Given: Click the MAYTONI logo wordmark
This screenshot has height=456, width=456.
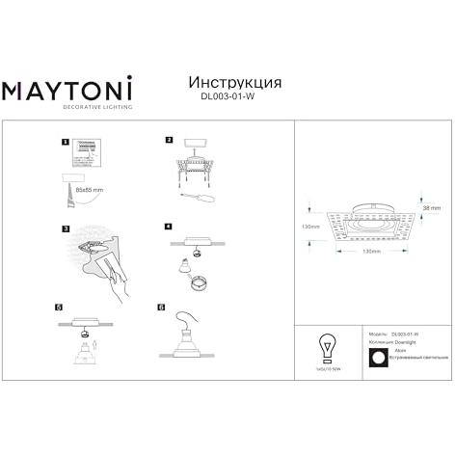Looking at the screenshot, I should tap(66, 91).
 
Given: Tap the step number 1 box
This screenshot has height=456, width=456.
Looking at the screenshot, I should tap(66, 141).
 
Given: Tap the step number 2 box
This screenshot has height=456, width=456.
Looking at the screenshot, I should tap(169, 140).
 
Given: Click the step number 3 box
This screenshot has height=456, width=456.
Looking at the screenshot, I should tap(66, 228).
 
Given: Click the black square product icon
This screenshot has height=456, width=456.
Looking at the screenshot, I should tap(377, 356).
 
